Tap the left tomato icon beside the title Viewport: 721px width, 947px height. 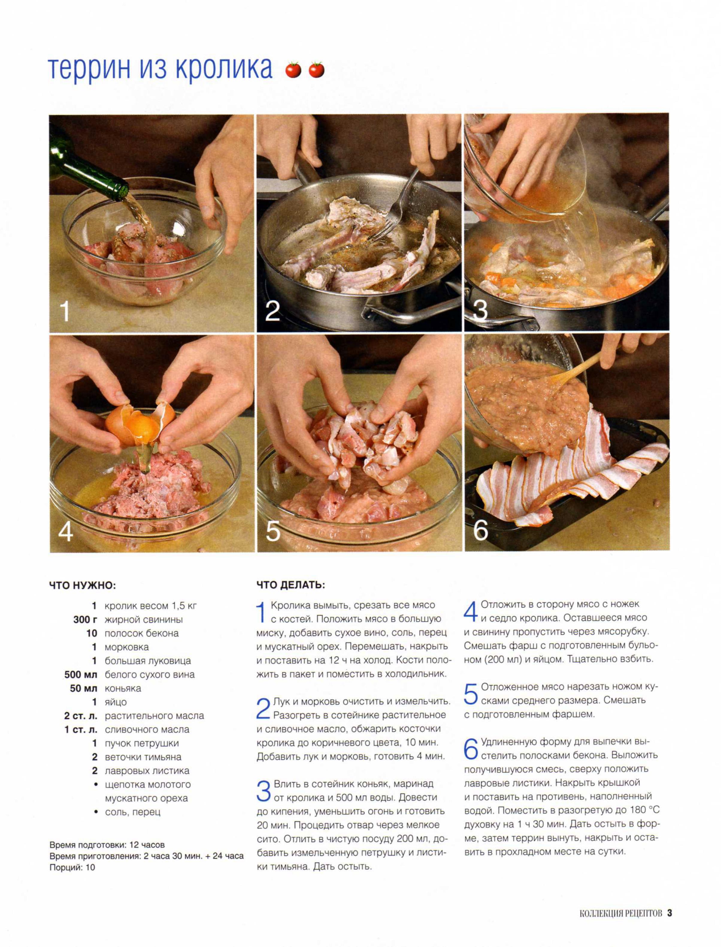pos(293,69)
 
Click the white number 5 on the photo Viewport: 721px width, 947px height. pos(273,531)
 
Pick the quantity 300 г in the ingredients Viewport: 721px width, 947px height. pos(85,619)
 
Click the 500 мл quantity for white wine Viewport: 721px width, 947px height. pos(81,675)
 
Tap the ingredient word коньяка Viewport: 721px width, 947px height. pos(123,688)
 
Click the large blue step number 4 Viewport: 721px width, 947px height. pos(471,611)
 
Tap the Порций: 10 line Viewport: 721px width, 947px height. pos(72,867)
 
